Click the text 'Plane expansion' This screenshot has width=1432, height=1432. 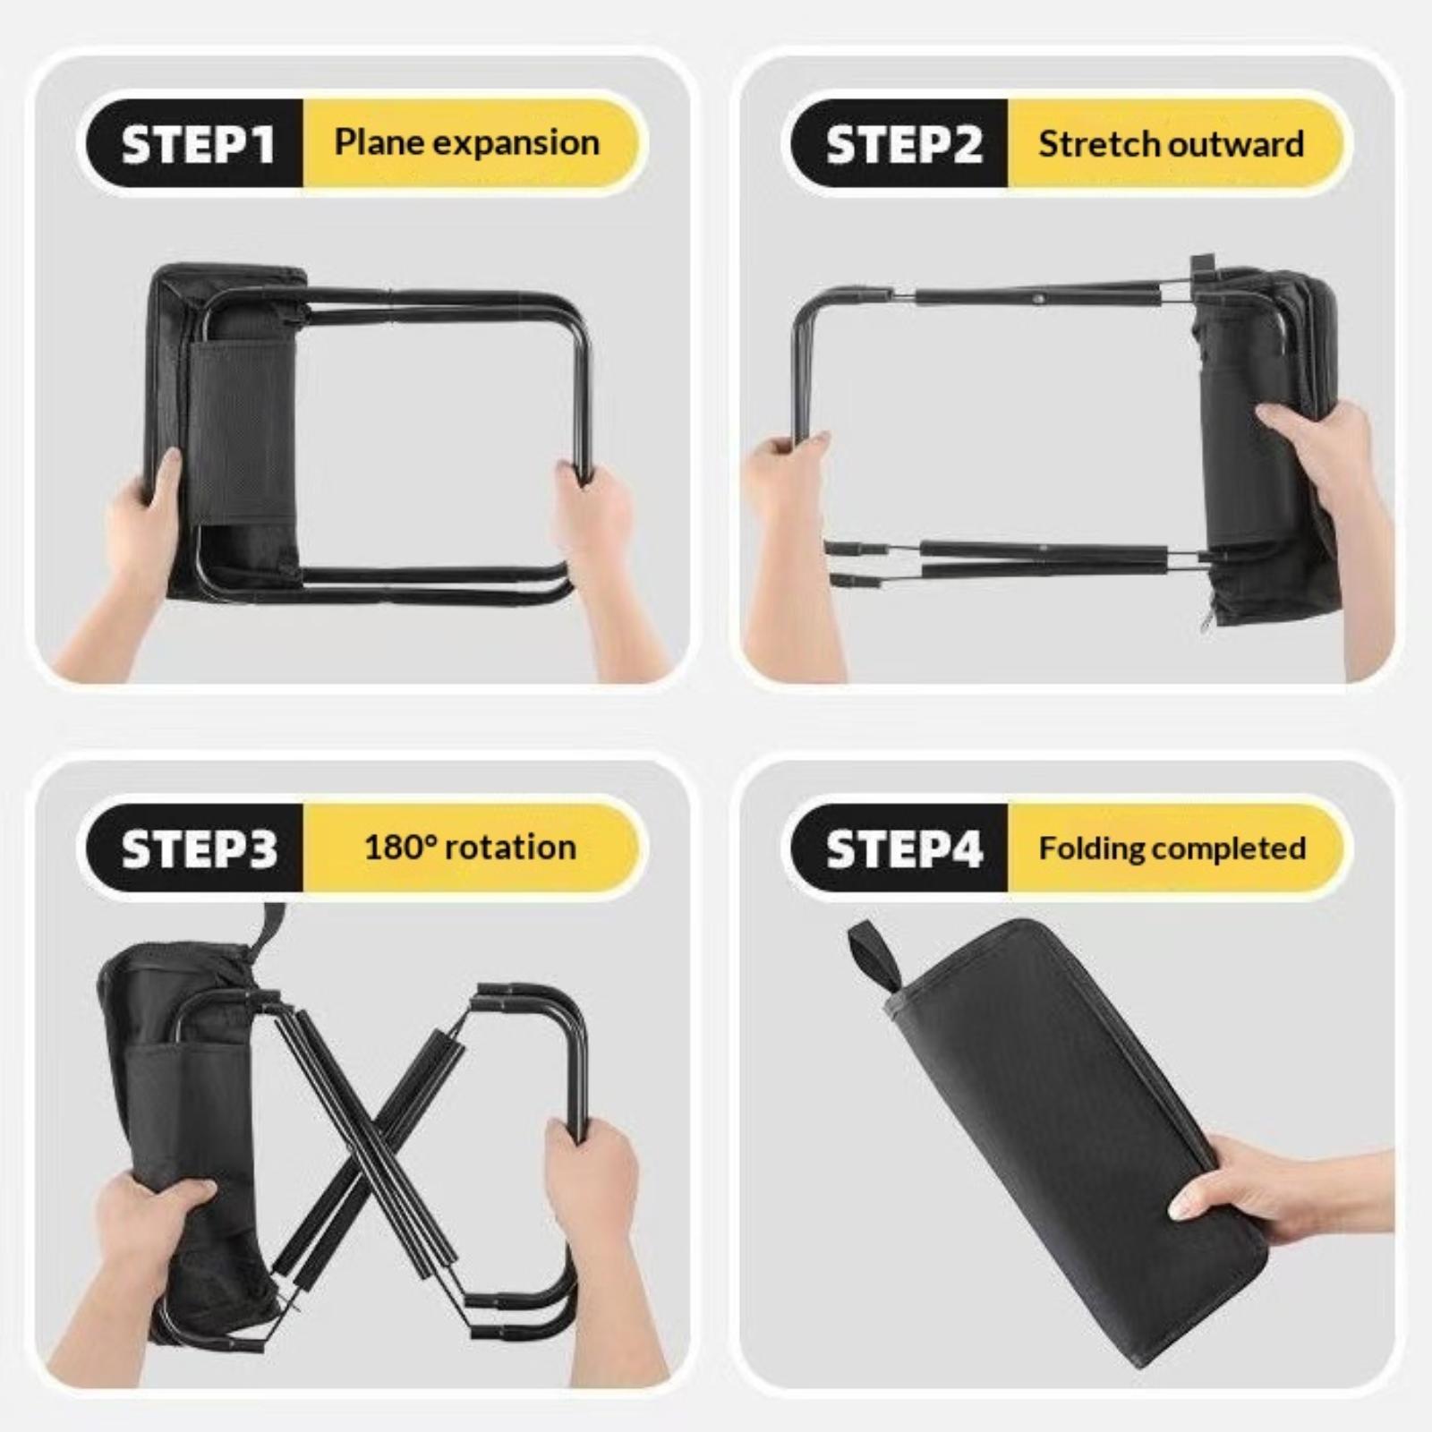[x=467, y=142]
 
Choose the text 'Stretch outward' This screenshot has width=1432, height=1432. [x=1171, y=143]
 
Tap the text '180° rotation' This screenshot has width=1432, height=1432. [x=470, y=847]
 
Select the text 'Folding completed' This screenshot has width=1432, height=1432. [x=1172, y=848]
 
